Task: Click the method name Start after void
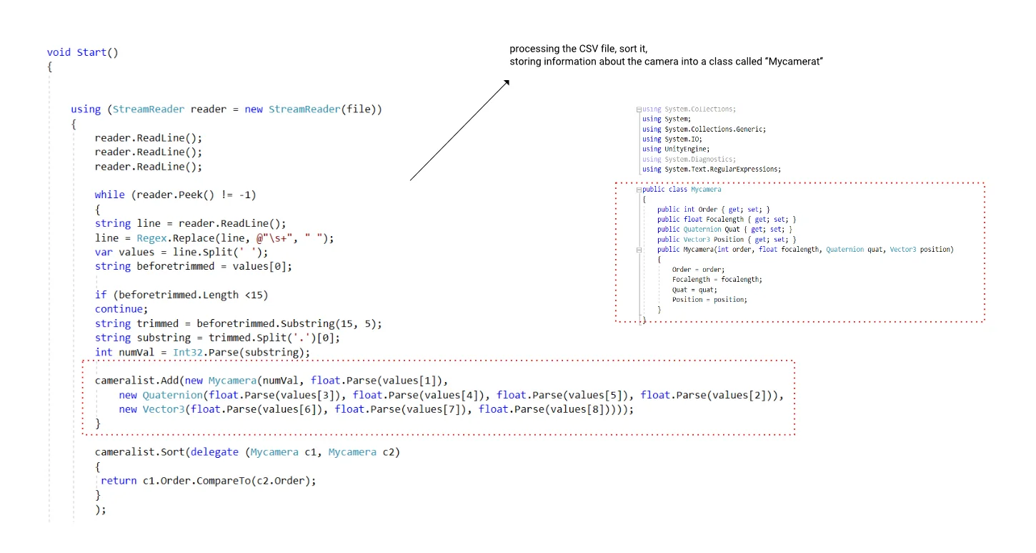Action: (x=91, y=52)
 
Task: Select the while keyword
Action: (x=109, y=195)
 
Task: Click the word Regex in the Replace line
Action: (x=151, y=238)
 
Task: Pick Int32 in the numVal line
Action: (x=187, y=352)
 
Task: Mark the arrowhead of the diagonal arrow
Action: (x=507, y=82)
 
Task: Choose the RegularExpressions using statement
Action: (x=711, y=169)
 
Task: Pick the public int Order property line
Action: (x=713, y=210)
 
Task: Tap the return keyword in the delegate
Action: (x=119, y=481)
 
